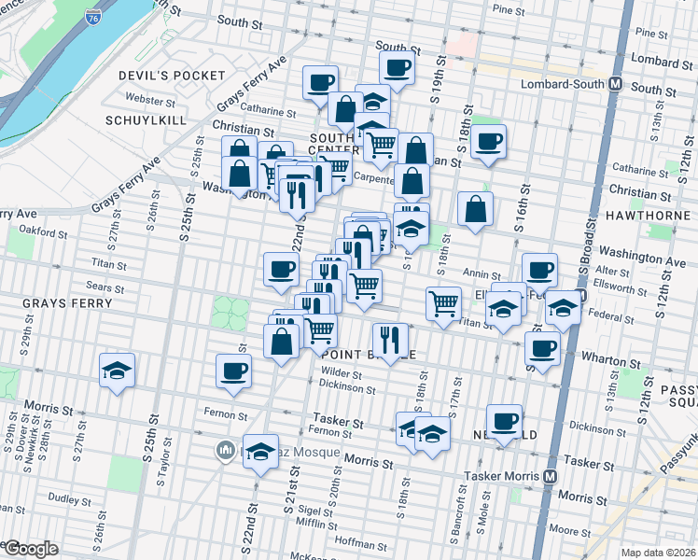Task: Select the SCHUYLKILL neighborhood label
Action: click(145, 121)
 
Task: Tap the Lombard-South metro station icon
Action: click(615, 83)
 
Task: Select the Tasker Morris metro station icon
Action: click(551, 475)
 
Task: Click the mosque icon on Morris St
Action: click(225, 452)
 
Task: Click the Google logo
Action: click(31, 549)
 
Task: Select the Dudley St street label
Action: click(68, 498)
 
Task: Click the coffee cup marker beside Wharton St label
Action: click(542, 349)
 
